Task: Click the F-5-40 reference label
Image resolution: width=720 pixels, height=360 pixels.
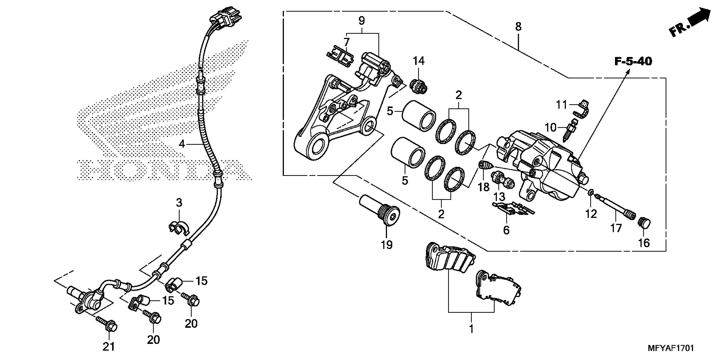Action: coord(633,61)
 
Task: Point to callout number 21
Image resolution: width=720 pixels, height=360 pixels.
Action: coord(109,347)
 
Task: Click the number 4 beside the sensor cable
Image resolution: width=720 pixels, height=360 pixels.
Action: coord(182,144)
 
